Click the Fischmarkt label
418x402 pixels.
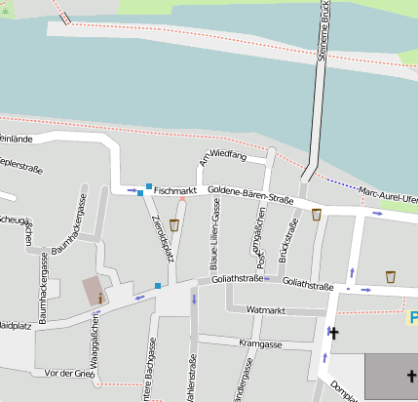175,188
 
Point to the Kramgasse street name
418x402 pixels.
259,344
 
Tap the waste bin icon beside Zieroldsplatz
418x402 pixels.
174,224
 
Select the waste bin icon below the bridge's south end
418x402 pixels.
317,215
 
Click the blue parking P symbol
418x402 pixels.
413,317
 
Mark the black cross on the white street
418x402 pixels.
333,333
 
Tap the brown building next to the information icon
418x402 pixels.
92,289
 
